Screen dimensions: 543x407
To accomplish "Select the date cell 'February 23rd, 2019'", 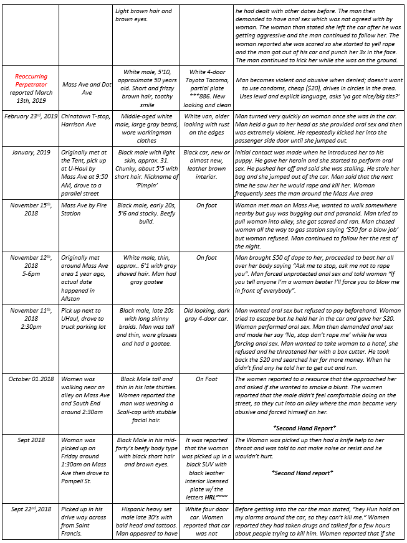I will click(31, 116).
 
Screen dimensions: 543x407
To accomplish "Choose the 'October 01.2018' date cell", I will click(31, 379).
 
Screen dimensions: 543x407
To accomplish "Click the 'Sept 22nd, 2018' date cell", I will click(31, 509).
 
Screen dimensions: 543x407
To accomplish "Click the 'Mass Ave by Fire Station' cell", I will click(84, 209).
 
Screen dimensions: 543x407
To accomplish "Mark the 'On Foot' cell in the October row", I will click(206, 379).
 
